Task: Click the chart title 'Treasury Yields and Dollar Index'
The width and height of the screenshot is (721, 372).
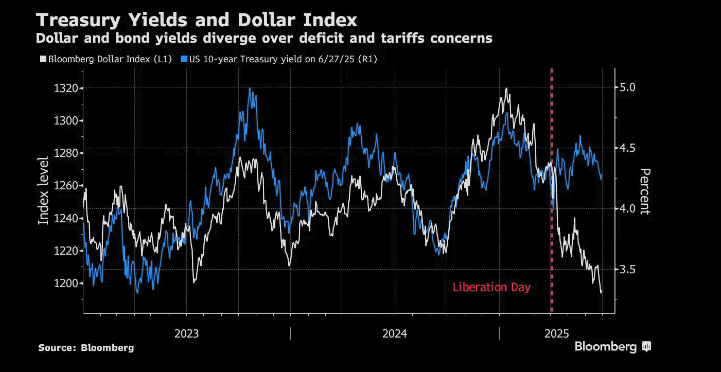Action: [x=196, y=20]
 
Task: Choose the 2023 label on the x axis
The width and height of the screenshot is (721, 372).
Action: [x=187, y=333]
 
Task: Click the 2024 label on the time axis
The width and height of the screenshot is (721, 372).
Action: [x=395, y=333]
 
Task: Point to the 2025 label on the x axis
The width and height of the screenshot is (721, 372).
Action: [x=557, y=333]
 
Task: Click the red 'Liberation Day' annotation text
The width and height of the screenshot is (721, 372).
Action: [x=491, y=288]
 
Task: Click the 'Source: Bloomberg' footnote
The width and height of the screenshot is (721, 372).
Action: [x=86, y=348]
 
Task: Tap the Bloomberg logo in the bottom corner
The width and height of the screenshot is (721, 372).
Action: [x=612, y=347]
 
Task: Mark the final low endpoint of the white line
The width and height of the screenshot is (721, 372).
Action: [x=601, y=293]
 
